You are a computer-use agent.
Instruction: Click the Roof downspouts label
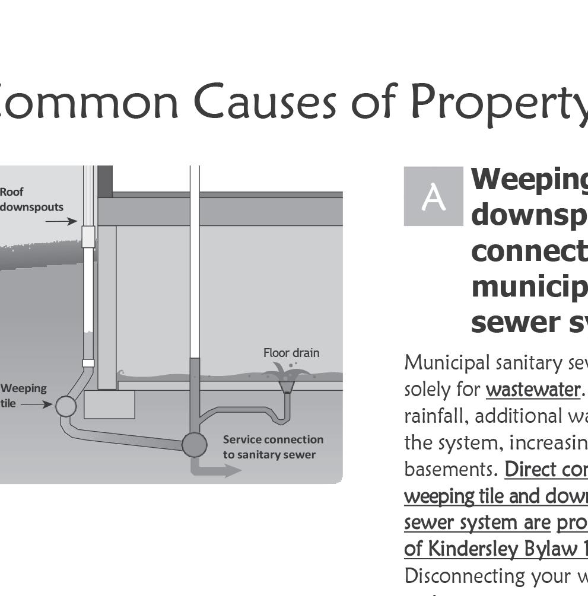tap(31, 200)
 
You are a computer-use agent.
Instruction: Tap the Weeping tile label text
tap(23, 396)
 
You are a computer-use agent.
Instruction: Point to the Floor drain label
tap(291, 353)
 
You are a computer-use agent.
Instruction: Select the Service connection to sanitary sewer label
tap(273, 447)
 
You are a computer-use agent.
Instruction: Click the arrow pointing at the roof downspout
tap(61, 221)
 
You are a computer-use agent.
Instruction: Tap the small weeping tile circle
tap(66, 406)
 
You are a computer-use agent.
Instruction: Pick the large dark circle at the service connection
tap(194, 444)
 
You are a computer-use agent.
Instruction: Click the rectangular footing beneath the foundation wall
tap(109, 404)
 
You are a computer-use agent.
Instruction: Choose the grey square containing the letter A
tap(433, 196)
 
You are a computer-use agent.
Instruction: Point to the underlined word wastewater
tap(532, 390)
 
